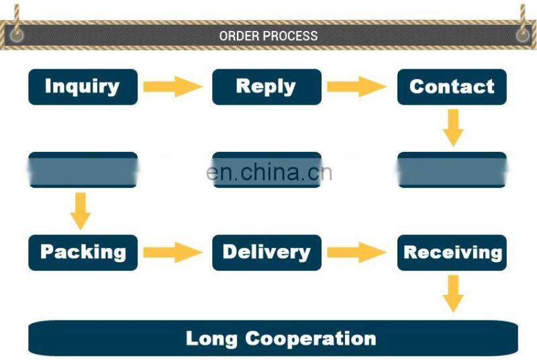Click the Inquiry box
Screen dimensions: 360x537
(83, 87)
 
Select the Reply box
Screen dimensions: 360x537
(266, 87)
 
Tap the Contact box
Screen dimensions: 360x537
(452, 87)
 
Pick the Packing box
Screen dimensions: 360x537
(83, 253)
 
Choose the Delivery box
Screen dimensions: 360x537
(266, 253)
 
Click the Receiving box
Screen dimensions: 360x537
(452, 253)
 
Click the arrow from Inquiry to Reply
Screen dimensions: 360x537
(173, 87)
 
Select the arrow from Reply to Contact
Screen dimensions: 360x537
(356, 87)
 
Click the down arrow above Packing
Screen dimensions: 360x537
(81, 210)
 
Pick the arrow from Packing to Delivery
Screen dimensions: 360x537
(173, 253)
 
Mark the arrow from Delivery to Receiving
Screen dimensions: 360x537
(356, 253)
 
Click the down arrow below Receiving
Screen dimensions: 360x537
(453, 294)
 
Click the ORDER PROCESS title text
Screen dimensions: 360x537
(268, 36)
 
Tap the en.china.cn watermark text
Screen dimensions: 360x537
(269, 173)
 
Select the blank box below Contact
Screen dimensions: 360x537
(452, 170)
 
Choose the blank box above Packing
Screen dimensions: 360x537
(83, 170)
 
